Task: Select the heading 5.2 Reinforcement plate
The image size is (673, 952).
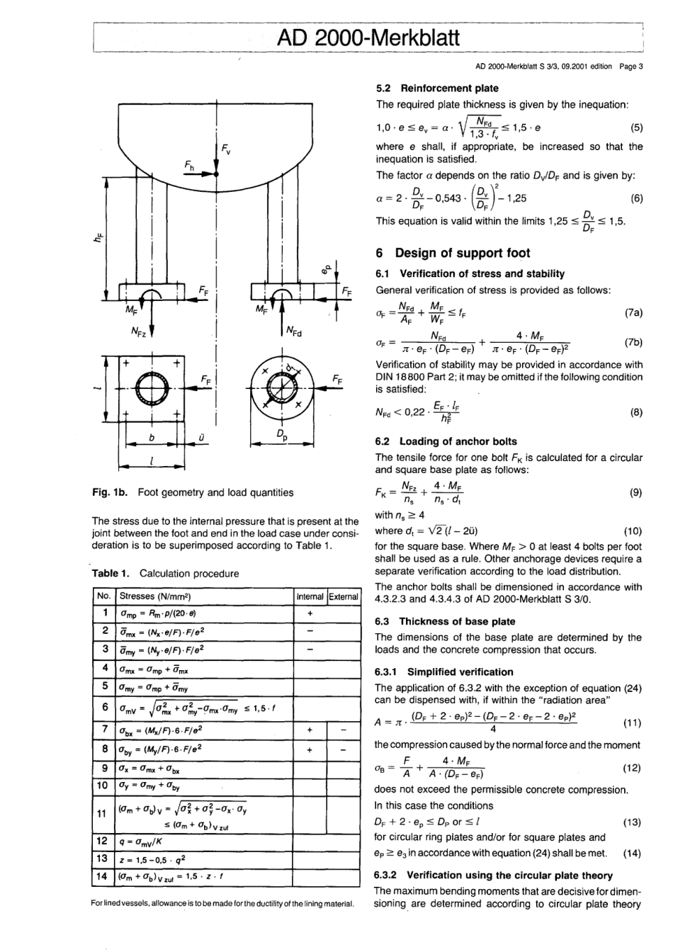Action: [x=437, y=89]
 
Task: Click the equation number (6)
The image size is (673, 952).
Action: [x=637, y=198]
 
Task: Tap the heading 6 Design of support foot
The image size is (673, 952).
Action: [x=453, y=254]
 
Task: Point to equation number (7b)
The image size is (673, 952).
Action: [x=634, y=342]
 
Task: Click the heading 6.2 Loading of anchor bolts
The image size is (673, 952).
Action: [x=446, y=441]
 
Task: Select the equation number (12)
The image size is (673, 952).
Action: [x=632, y=768]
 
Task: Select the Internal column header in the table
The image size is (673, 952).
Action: [x=310, y=597]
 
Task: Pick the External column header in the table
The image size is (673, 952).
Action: [x=344, y=597]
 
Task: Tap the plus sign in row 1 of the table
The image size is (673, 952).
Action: [x=310, y=613]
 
